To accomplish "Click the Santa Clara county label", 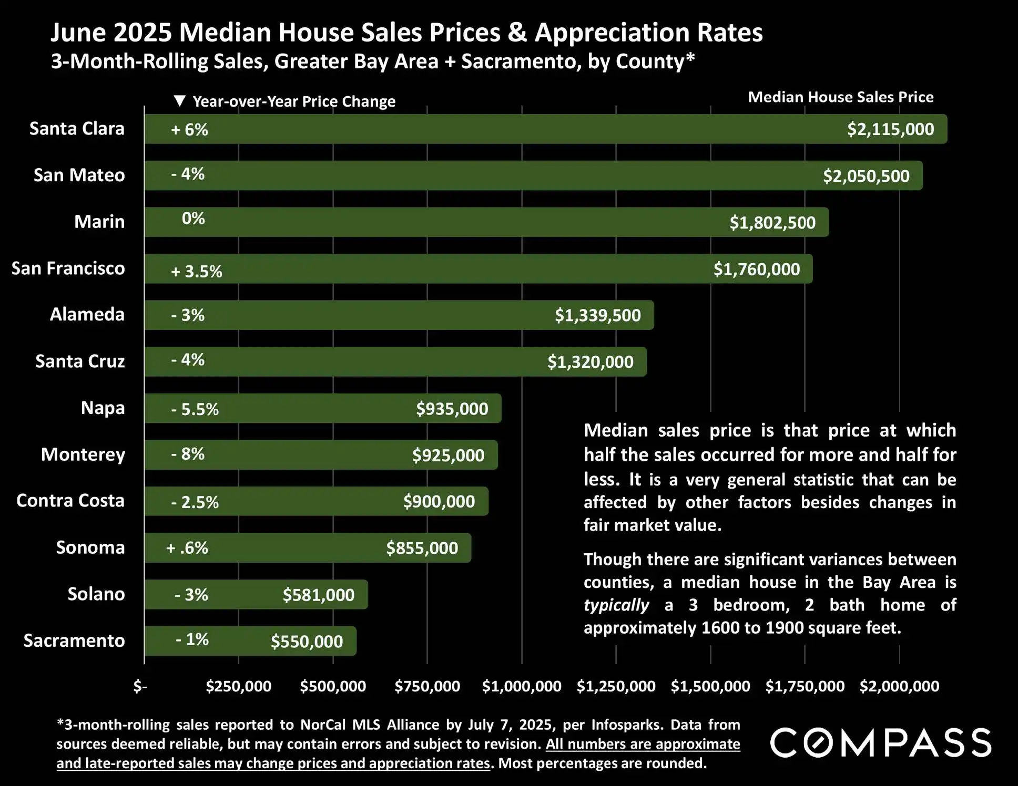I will pyautogui.click(x=77, y=129).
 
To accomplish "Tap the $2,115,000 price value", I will pyautogui.click(x=890, y=129).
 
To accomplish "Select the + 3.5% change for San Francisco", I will pyautogui.click(x=197, y=271).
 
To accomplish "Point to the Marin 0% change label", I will pyautogui.click(x=193, y=219).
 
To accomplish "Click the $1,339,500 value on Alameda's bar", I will pyautogui.click(x=598, y=315).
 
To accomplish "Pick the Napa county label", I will pyautogui.click(x=103, y=408).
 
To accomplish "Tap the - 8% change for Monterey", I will pyautogui.click(x=188, y=454).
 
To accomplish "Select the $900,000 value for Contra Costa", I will pyautogui.click(x=439, y=501).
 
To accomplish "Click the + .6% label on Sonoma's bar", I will pyautogui.click(x=187, y=548).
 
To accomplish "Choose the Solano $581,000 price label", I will pyautogui.click(x=319, y=595).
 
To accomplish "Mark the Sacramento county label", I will pyautogui.click(x=74, y=640).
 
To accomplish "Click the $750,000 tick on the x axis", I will pyautogui.click(x=427, y=686).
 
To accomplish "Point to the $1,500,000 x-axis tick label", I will pyautogui.click(x=710, y=686).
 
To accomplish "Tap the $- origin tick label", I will pyautogui.click(x=140, y=686).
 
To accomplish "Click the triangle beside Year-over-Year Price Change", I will pyautogui.click(x=180, y=101).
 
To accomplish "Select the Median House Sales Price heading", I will pyautogui.click(x=840, y=97).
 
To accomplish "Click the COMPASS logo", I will pyautogui.click(x=881, y=742).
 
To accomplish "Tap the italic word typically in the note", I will pyautogui.click(x=616, y=605).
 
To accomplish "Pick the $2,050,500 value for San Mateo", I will pyautogui.click(x=866, y=176).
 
